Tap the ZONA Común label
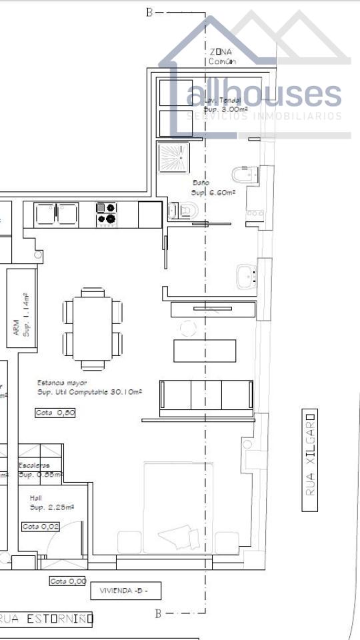(222, 56)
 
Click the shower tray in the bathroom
(173, 157)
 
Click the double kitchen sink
(57, 214)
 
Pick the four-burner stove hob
(107, 213)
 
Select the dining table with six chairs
(93, 328)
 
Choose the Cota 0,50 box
(55, 413)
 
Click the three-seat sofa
(206, 395)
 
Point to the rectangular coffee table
(205, 351)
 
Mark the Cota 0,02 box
(40, 527)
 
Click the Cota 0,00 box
(68, 581)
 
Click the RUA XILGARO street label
(310, 460)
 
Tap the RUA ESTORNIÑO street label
(47, 619)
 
